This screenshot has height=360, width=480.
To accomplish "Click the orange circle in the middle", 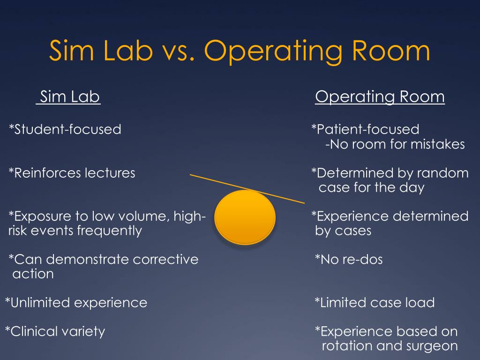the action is coord(245,217).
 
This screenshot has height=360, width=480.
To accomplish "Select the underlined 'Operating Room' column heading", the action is coord(380,97).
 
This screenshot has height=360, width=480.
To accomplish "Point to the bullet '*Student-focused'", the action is coord(65,129).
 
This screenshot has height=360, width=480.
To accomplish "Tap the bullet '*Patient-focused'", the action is coord(366,129).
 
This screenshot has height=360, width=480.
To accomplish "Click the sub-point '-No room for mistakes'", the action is coord(395,144).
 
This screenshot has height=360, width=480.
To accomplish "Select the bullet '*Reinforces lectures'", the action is coord(72,173).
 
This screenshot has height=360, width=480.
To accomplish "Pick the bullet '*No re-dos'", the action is coord(349,259).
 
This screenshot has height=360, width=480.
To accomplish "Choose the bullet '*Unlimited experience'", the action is coord(76,303).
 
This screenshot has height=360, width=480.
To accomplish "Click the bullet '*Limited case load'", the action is coord(375,303).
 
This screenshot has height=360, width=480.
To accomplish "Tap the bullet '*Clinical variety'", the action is coord(55,332).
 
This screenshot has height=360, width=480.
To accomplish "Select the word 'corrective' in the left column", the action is coord(166,259).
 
